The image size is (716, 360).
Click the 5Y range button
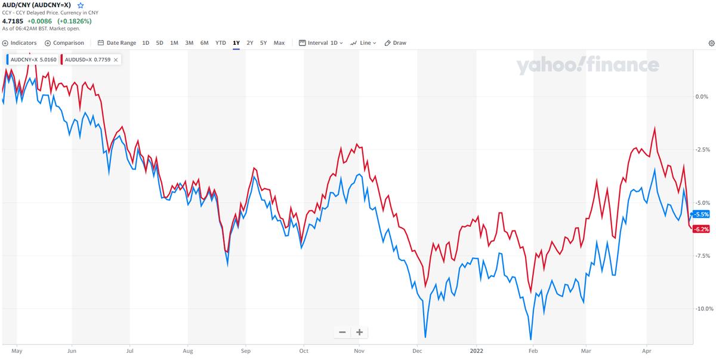coord(263,43)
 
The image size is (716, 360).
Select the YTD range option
coord(221,43)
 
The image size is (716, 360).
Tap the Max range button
coord(279,43)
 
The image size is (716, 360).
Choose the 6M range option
coord(205,43)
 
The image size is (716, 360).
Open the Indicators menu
coord(19,43)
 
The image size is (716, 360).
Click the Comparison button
coord(64,43)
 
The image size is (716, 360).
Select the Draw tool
coord(396,43)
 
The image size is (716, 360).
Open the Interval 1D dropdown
coord(321,43)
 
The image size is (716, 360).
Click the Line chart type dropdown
coord(363,43)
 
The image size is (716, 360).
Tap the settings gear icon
coord(711,43)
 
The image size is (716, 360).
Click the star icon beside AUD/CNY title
coord(81,5)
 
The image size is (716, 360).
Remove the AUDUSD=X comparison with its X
coord(115,60)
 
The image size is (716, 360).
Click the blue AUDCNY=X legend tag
coord(33,60)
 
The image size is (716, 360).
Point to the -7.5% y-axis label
coord(702,256)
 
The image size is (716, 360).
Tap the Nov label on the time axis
coord(359,352)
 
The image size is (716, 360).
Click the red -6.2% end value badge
coord(701,229)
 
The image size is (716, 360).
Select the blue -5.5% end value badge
coord(702,214)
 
